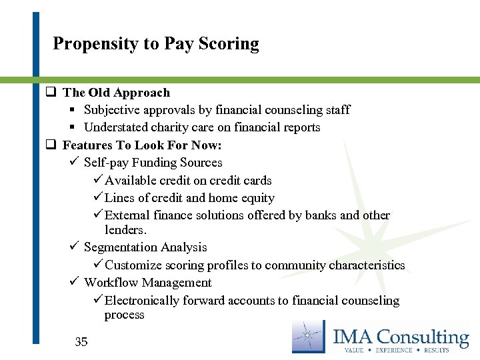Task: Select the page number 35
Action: point(81,342)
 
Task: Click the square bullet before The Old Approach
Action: point(50,93)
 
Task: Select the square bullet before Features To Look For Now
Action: point(50,145)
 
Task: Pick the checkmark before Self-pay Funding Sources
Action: point(73,162)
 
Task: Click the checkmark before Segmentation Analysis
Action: point(73,247)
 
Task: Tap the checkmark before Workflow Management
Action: point(73,282)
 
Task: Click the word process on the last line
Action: point(124,315)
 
